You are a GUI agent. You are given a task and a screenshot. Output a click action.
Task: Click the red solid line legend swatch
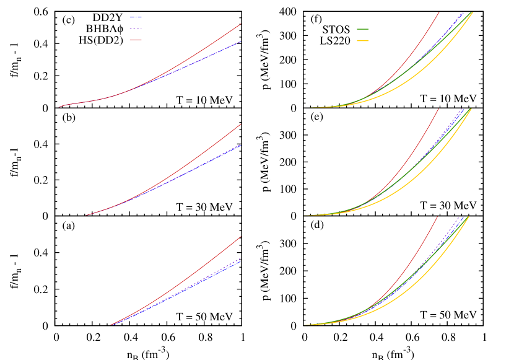136,40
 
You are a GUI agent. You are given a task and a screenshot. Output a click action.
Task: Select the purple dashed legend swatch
136,29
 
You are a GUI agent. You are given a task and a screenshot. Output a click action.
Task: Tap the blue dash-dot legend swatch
136,17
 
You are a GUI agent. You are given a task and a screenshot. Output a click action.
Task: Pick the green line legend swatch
362,29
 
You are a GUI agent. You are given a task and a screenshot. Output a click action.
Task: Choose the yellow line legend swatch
362,40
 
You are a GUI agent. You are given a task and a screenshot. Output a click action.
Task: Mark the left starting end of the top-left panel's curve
59,107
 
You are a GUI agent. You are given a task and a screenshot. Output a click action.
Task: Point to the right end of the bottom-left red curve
241,236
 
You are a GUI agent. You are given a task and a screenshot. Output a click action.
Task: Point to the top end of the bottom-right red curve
438,217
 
